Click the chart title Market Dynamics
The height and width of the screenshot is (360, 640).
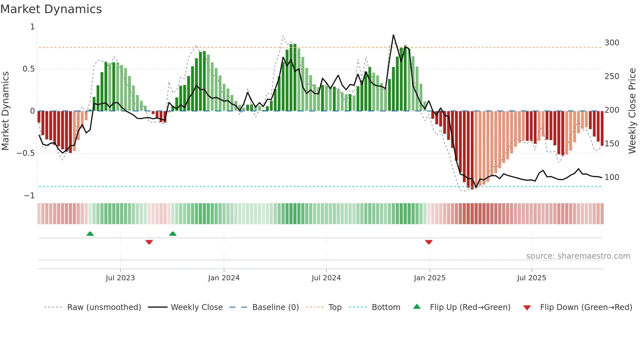[x=51, y=9]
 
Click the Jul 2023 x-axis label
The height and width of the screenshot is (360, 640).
[x=120, y=278]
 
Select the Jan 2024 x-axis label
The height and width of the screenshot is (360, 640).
[x=224, y=278]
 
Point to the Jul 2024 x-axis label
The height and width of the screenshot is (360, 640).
[x=326, y=278]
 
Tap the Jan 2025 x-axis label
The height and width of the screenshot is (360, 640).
[x=429, y=278]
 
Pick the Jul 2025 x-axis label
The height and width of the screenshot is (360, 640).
[x=532, y=278]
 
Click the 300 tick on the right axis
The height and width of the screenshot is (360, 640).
[x=612, y=43]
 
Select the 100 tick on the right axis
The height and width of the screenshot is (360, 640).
[x=612, y=177]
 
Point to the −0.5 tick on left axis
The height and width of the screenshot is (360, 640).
[x=26, y=153]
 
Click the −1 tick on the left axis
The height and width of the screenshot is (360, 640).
[x=29, y=196]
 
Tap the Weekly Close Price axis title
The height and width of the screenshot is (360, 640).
[x=632, y=111]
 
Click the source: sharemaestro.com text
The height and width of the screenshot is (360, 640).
[x=578, y=256]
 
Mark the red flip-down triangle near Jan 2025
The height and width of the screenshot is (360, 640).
[x=429, y=242]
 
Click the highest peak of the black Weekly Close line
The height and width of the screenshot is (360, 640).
[x=393, y=35]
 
